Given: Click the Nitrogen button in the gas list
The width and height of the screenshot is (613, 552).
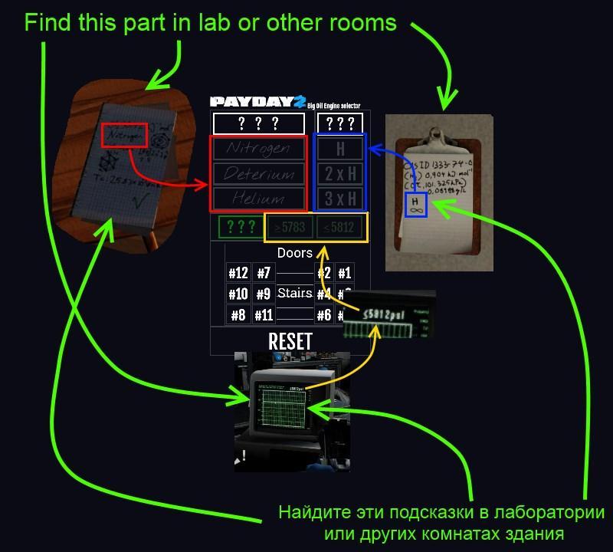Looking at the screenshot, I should coord(258,149).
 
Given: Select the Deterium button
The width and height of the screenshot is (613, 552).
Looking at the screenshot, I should coord(258,174).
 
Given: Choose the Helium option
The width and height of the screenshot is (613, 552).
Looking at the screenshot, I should coord(258,199).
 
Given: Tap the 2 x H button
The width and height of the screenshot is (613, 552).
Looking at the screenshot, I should coord(340,174).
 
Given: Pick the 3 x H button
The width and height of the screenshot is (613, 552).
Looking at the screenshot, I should coord(340,199).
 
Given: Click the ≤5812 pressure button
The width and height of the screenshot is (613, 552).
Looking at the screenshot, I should coord(338,227).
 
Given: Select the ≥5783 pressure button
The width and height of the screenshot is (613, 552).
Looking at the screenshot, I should coord(289,227).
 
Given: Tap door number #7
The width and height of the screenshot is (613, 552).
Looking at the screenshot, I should coord(264,273).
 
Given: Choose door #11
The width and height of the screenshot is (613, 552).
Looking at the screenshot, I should coord(264,314).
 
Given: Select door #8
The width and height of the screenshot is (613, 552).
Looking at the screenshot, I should coord(238,314).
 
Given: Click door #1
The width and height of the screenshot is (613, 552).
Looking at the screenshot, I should coord(344,273).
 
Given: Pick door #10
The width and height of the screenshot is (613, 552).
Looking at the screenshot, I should coord(238,294).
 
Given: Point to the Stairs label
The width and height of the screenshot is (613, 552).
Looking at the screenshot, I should coord(295,293).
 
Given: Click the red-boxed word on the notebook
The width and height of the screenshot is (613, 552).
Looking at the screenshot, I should coord(123,135).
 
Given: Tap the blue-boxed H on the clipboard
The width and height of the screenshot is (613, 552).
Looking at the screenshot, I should coord(415,205).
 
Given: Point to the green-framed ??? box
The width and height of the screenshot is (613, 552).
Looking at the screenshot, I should coord(241,227).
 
